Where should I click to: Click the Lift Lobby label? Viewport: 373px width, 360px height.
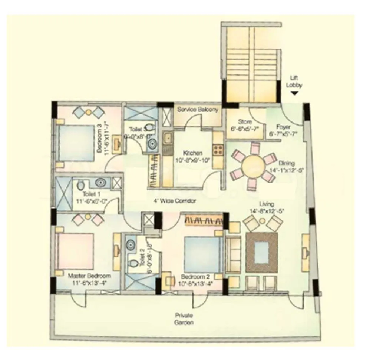(296, 81)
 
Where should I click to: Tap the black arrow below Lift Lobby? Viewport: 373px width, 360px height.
(294, 94)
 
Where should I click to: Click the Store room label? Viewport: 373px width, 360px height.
(245, 122)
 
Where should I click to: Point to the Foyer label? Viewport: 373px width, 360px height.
(284, 127)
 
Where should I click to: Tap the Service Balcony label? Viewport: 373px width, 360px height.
(197, 110)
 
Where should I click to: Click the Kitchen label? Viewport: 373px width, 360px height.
(192, 153)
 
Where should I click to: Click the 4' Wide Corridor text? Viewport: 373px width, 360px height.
(175, 201)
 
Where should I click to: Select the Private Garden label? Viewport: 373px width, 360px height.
(184, 319)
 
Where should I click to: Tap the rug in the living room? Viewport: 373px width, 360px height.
(262, 252)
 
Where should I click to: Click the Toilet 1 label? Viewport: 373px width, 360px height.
(87, 194)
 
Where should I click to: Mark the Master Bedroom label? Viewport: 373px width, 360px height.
(89, 276)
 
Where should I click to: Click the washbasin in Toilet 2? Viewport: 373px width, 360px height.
(130, 244)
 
